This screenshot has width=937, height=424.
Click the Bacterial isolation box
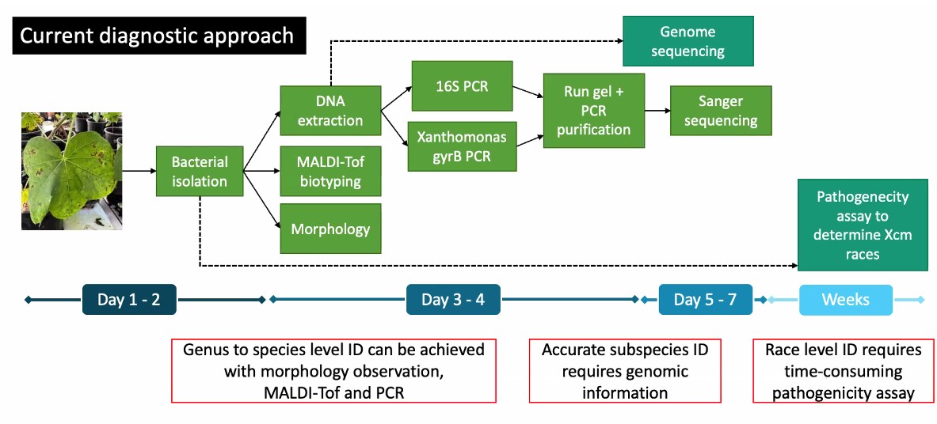200,171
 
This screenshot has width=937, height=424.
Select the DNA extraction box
330,111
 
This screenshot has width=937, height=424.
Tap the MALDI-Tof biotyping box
330,171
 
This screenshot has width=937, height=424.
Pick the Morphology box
330,229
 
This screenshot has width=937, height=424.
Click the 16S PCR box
462,85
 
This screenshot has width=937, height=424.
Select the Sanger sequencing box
721,111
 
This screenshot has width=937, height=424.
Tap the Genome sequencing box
688,40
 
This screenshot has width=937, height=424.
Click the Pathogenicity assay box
863,225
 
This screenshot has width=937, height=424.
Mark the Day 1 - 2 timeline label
129,299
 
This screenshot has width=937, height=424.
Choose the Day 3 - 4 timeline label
453,299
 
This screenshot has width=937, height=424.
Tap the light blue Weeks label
846,299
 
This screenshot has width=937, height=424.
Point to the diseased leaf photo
72,171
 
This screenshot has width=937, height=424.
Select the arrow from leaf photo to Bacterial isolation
139,171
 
